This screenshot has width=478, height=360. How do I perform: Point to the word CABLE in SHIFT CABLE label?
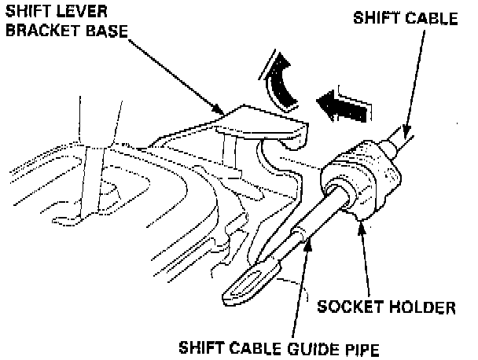(430, 17)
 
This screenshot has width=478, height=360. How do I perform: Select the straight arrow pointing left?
(344, 105)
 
